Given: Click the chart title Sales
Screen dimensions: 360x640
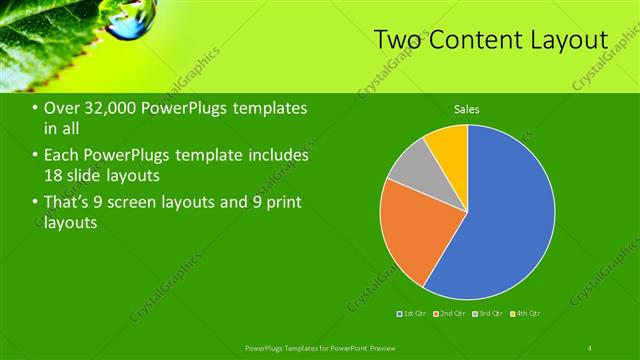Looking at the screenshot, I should (x=467, y=108).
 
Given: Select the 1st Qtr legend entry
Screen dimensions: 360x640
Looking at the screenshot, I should (x=410, y=314).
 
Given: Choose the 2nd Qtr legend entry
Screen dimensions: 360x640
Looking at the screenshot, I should (x=450, y=314).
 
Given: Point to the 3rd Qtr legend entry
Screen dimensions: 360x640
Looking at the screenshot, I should (x=487, y=314).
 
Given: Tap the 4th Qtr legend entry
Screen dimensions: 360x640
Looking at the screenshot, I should (x=525, y=314).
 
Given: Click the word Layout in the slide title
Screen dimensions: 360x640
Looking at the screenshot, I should (x=568, y=40).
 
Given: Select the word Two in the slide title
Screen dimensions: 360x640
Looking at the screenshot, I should (x=397, y=40).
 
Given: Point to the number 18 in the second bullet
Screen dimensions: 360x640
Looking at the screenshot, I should (x=54, y=175).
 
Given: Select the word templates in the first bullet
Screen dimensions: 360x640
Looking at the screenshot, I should (x=268, y=108).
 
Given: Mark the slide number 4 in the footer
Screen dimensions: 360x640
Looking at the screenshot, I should (x=591, y=347).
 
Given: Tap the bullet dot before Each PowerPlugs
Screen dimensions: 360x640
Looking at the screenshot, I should (x=35, y=156).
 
